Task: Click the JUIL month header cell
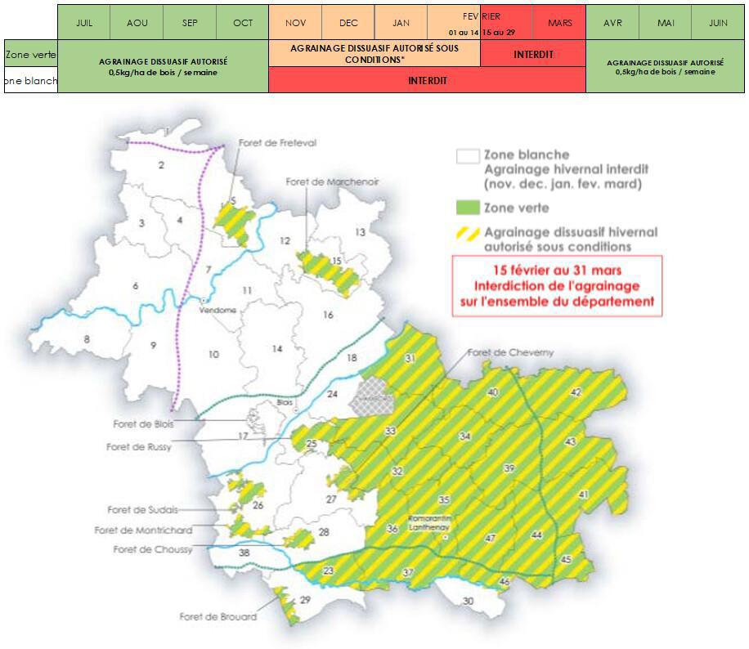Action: click(83, 23)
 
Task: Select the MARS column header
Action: click(559, 23)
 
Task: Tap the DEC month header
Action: click(348, 23)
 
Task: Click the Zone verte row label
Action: click(31, 55)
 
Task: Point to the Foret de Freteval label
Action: click(277, 143)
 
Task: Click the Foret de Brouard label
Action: click(218, 616)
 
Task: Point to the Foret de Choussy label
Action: click(152, 549)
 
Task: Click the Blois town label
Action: click(285, 402)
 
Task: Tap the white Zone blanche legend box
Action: click(468, 155)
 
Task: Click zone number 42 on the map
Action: click(576, 392)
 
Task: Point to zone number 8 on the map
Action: click(85, 338)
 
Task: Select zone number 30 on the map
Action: click(468, 602)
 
